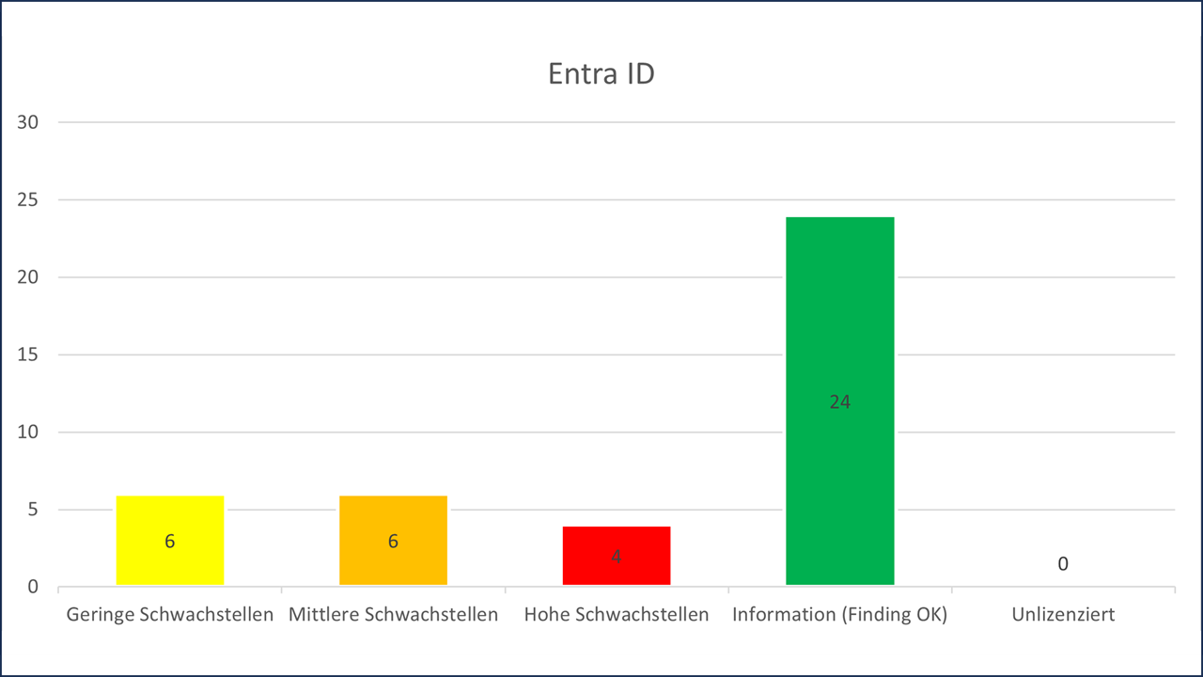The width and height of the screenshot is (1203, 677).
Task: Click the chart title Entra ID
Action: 601,74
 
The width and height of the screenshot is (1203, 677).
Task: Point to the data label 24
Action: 839,401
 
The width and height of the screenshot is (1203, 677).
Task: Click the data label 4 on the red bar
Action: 617,556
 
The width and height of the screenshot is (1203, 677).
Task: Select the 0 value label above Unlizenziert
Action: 1063,564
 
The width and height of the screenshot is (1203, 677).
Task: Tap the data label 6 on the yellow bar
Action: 170,541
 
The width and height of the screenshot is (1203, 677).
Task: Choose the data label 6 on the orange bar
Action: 393,541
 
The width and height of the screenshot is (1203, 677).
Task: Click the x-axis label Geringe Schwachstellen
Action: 170,615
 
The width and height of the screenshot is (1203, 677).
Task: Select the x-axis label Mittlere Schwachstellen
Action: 393,615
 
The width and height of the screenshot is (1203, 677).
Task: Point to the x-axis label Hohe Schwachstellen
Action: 617,615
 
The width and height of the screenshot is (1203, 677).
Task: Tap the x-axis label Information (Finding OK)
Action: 839,615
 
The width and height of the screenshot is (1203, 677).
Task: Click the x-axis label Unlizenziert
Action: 1063,615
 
